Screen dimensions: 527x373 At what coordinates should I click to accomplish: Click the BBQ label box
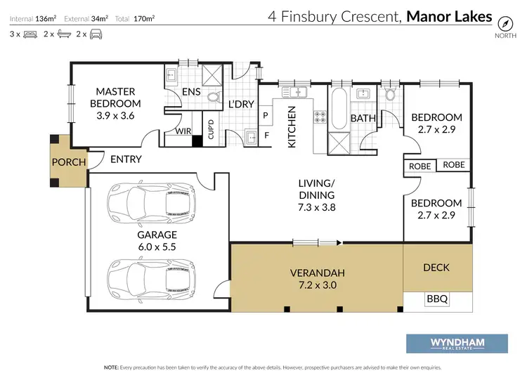[x=437, y=299]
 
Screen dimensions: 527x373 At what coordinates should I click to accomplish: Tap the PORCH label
[x=69, y=162]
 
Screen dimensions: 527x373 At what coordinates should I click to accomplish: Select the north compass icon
[x=505, y=23]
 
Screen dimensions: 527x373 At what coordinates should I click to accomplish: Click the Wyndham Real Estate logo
[x=457, y=343]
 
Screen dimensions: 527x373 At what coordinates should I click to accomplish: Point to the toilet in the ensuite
[x=214, y=97]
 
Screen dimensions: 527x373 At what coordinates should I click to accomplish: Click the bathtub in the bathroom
[x=339, y=108]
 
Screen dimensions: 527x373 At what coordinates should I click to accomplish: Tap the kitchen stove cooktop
[x=320, y=117]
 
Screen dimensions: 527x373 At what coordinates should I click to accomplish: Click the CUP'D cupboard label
[x=211, y=129]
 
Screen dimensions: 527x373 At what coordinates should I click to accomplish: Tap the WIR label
[x=183, y=131]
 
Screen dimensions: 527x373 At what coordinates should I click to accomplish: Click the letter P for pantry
[x=266, y=115]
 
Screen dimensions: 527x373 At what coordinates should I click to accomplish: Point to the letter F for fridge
[x=266, y=136]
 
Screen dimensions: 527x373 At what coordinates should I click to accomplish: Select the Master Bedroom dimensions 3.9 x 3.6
[x=115, y=116]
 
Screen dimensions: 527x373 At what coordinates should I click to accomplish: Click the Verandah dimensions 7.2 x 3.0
[x=318, y=285]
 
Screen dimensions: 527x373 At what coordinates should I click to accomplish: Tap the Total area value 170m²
[x=144, y=18]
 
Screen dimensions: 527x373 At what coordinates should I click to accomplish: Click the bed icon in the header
[x=30, y=34]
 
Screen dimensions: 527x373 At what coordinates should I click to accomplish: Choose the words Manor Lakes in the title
[x=449, y=16]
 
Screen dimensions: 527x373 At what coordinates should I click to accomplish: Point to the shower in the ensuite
[x=212, y=75]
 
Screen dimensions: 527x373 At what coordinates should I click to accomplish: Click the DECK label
[x=436, y=268]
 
